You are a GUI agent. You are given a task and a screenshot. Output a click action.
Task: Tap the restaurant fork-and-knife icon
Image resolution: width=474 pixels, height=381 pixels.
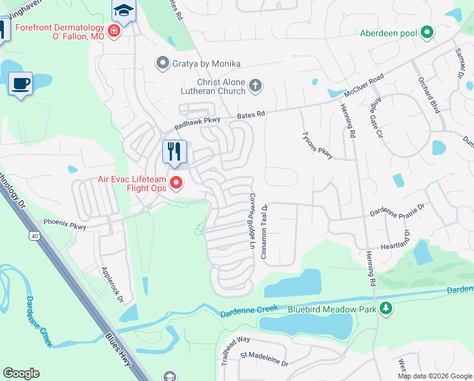(x=174, y=151)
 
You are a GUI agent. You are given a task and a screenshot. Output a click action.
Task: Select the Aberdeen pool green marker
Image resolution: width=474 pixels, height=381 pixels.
(x=427, y=32)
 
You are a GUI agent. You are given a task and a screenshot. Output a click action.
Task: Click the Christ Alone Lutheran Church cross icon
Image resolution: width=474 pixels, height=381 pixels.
(x=255, y=85)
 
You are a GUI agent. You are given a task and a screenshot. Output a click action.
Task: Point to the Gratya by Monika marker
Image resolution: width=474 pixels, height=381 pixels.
(x=163, y=63)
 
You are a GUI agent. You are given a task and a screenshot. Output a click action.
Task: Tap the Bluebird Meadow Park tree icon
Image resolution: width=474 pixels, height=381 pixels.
(x=385, y=309)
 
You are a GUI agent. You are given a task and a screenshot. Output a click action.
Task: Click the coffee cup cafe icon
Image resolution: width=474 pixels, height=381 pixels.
(x=21, y=83)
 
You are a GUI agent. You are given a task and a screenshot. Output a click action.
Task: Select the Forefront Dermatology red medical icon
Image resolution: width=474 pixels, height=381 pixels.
(x=114, y=31)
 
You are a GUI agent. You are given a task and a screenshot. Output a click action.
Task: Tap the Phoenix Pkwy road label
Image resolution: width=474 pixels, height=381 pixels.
(x=64, y=223)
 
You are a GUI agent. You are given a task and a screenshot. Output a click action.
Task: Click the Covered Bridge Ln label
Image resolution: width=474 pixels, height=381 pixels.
(x=252, y=220)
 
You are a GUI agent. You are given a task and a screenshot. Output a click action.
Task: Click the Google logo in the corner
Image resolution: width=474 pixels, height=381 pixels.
(x=21, y=373)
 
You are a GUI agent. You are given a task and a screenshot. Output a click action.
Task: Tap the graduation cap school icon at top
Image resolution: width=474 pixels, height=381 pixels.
(x=122, y=10)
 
